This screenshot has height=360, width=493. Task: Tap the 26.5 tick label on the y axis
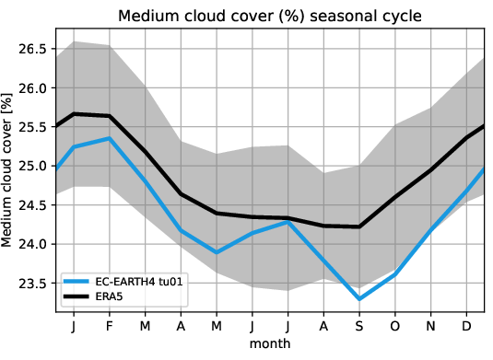34,49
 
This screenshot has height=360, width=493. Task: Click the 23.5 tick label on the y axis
34,284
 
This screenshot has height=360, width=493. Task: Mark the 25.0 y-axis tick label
34,167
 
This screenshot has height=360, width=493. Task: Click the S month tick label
358,327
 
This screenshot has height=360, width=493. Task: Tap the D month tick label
466,327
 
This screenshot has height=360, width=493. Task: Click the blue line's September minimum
358,298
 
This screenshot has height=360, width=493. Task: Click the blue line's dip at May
216,251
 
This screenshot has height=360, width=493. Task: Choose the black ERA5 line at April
181,193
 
